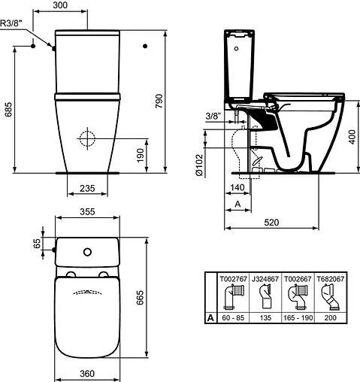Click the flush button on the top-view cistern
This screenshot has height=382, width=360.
(x=88, y=250)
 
